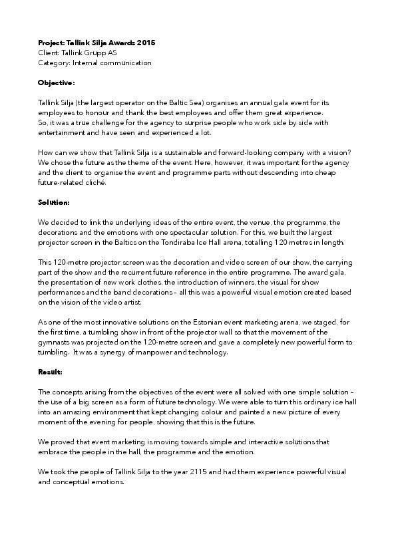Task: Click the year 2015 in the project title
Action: tap(146, 43)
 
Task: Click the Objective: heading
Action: tap(57, 83)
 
